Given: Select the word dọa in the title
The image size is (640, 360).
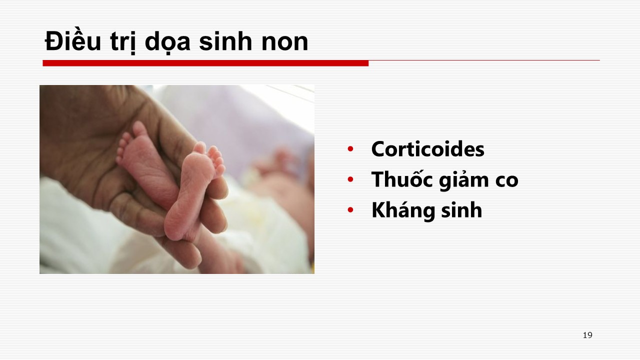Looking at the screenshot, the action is point(167,43).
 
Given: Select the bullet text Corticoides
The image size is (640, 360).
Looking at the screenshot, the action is point(427,149).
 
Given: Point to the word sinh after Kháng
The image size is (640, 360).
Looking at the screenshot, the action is point(461,210).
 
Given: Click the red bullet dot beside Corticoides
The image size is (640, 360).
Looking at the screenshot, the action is point(350,149).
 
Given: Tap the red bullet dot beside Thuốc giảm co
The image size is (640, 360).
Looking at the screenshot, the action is point(350,179).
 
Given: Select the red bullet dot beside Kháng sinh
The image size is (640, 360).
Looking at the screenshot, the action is point(350,210).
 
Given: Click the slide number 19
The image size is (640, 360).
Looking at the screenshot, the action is point(587,335).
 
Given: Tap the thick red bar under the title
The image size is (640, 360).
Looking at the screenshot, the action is point(205,63).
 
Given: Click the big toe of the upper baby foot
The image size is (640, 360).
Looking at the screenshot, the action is point(139,128).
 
